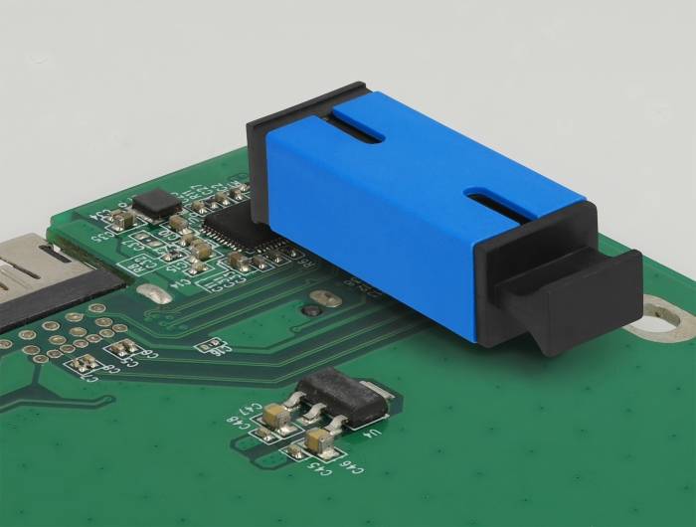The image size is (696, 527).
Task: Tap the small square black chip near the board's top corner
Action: (154, 204)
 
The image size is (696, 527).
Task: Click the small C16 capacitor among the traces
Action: (212, 344)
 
